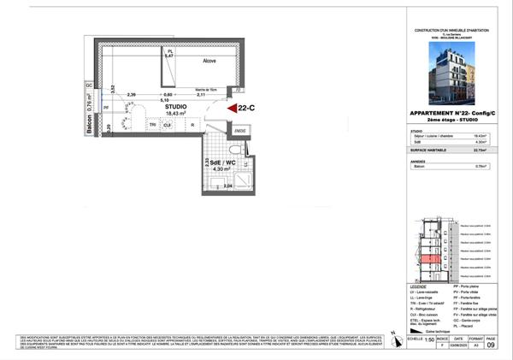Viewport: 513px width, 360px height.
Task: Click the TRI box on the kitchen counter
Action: click(x=153, y=125)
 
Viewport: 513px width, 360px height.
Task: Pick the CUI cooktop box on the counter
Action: click(x=168, y=125)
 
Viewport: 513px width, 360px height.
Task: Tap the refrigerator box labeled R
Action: click(x=192, y=125)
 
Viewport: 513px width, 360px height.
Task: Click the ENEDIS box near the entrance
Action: click(x=241, y=131)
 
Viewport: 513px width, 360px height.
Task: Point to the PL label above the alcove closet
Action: click(x=169, y=50)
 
